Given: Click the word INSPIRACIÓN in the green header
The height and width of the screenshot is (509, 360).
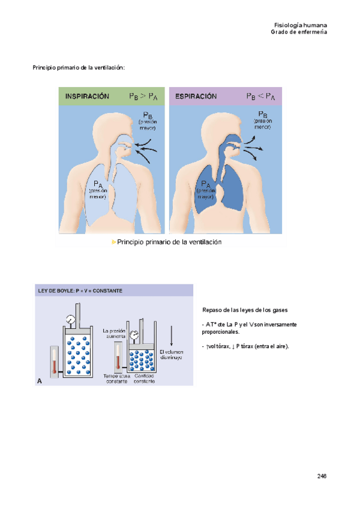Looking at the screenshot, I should click(x=88, y=96).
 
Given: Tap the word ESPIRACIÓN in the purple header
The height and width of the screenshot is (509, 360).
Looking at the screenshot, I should click(x=196, y=96).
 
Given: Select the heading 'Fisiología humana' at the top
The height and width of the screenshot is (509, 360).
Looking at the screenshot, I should click(x=300, y=25).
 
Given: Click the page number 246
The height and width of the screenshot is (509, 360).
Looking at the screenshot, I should click(x=322, y=476).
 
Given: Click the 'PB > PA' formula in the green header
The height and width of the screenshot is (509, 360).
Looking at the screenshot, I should click(x=143, y=96).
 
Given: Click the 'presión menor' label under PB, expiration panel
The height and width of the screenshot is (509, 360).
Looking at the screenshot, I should click(x=263, y=124).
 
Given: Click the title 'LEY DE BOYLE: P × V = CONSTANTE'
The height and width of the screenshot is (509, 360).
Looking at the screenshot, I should click(x=80, y=291).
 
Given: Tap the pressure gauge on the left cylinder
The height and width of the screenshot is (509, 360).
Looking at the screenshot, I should click(x=71, y=320).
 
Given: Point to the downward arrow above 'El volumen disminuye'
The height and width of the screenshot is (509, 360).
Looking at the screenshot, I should click(x=173, y=335).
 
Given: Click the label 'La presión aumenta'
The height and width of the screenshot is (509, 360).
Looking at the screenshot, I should click(x=114, y=334).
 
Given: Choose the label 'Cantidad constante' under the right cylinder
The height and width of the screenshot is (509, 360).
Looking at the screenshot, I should click(x=145, y=379).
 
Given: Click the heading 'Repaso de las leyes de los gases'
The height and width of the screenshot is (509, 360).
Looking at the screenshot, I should click(x=245, y=310).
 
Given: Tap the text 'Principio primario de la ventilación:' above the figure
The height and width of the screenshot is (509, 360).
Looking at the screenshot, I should click(x=79, y=68).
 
